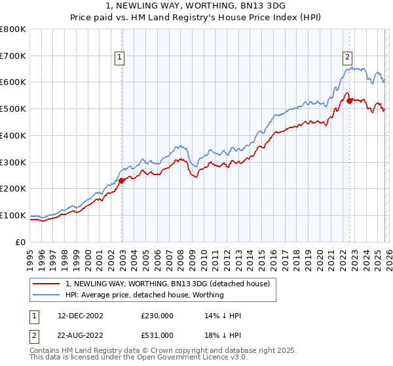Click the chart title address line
pyautogui.click(x=196, y=6)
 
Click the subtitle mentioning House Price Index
pyautogui.click(x=196, y=17)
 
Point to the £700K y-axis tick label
pyautogui.click(x=13, y=56)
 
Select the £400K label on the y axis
pyautogui.click(x=13, y=135)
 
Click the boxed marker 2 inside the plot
pyautogui.click(x=347, y=56)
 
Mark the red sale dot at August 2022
pyautogui.click(x=349, y=101)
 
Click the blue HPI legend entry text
pyautogui.click(x=144, y=295)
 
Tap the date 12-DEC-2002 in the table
pyautogui.click(x=81, y=316)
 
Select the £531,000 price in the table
pyautogui.click(x=157, y=335)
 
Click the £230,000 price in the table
pyautogui.click(x=157, y=316)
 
